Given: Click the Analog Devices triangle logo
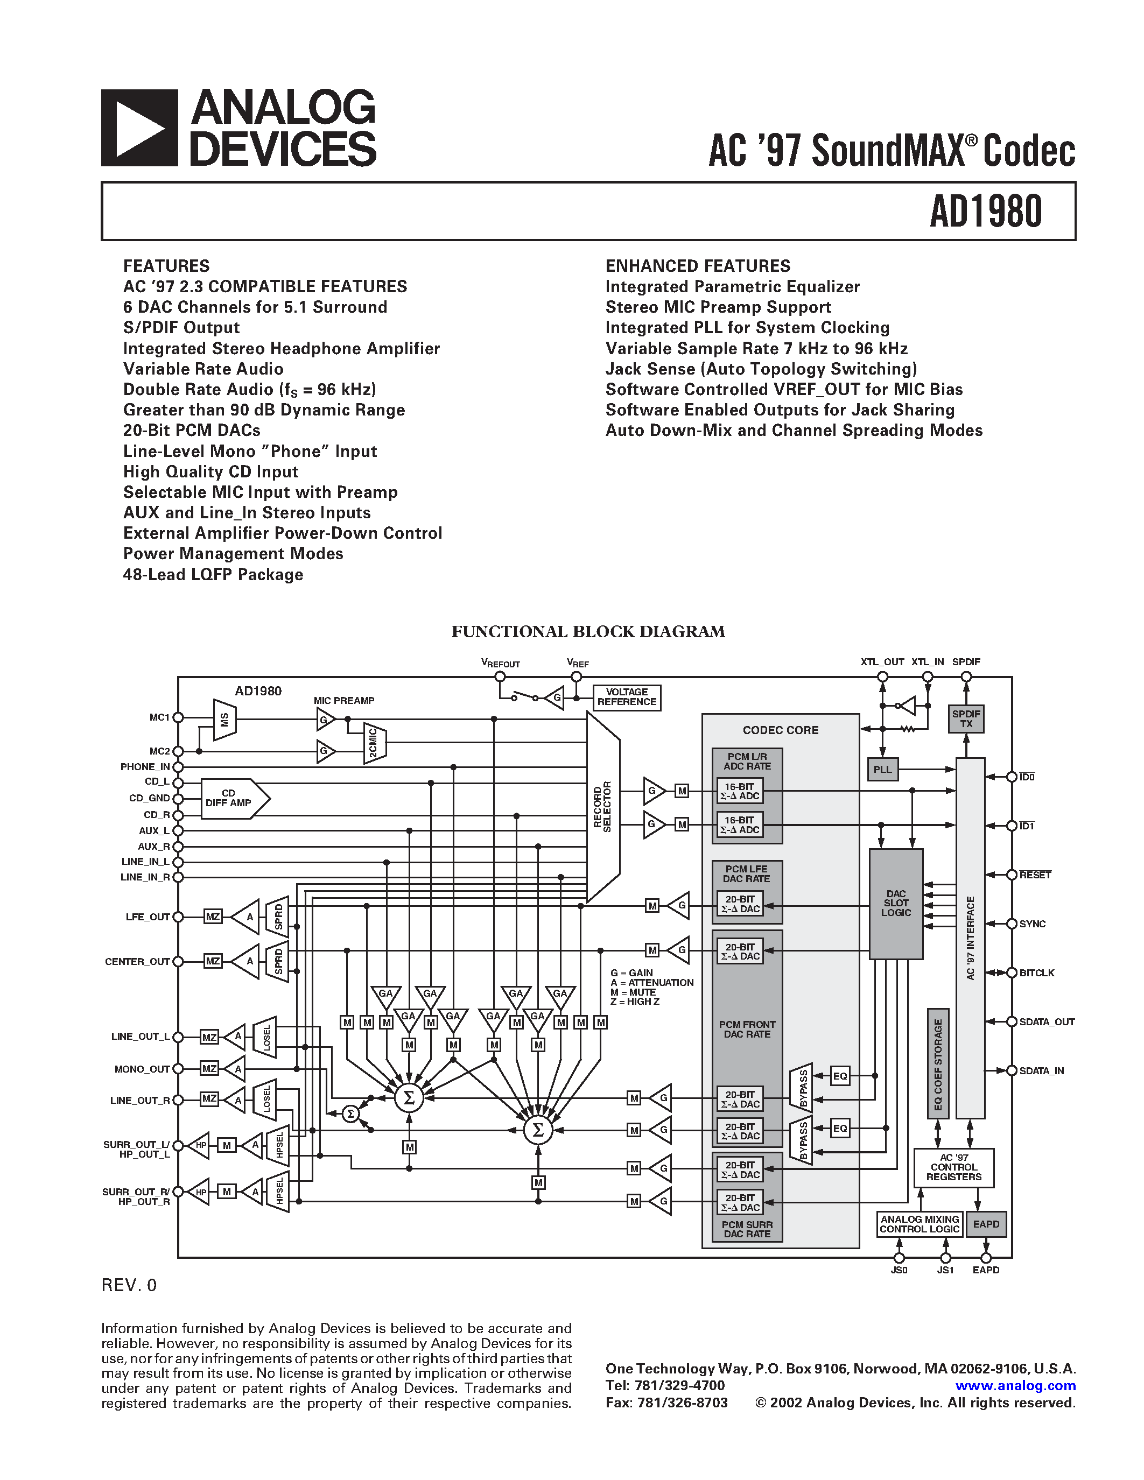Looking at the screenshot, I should point(139,128).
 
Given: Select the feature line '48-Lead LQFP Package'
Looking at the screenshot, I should point(213,575).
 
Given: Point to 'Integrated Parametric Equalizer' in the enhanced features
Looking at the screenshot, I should point(732,287).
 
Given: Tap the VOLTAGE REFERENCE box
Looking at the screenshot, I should point(626,697).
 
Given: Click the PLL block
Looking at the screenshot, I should point(882,769).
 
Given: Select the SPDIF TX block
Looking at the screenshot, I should point(966,719).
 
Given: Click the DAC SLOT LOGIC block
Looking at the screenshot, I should point(895,903).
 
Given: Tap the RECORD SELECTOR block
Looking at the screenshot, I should point(602,806).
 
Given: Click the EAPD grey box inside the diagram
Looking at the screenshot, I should point(985,1224).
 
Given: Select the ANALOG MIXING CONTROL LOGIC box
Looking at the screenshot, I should point(919,1224).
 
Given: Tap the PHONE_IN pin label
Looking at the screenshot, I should point(144,766).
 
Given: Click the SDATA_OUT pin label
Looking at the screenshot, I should point(1047,1021).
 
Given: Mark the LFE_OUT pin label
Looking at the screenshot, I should point(147,917).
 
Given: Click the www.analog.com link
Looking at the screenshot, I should point(1015,1386).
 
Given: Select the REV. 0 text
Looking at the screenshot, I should point(129,1286).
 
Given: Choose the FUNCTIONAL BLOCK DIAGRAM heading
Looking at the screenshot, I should point(587,632).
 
